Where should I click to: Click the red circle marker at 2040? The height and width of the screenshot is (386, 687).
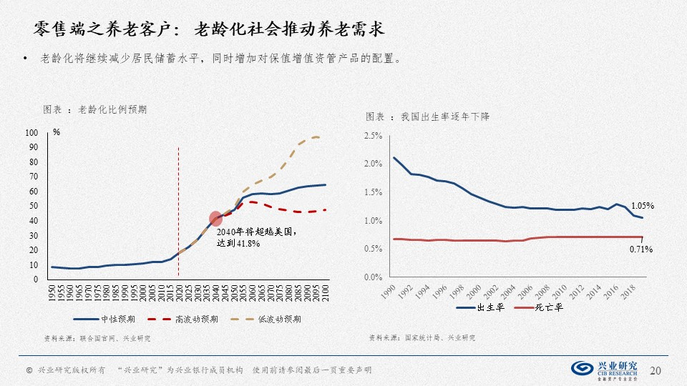click(x=215, y=219)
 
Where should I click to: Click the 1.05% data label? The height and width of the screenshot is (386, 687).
click(x=642, y=206)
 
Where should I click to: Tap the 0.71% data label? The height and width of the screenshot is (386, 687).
click(x=640, y=249)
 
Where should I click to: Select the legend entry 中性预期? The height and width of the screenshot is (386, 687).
click(x=102, y=319)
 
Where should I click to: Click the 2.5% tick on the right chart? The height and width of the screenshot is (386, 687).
click(x=373, y=136)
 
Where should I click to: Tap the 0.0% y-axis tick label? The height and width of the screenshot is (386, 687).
click(x=373, y=277)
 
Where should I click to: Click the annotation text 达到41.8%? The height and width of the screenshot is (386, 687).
click(x=238, y=243)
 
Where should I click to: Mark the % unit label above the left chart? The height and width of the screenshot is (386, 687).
click(x=57, y=133)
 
